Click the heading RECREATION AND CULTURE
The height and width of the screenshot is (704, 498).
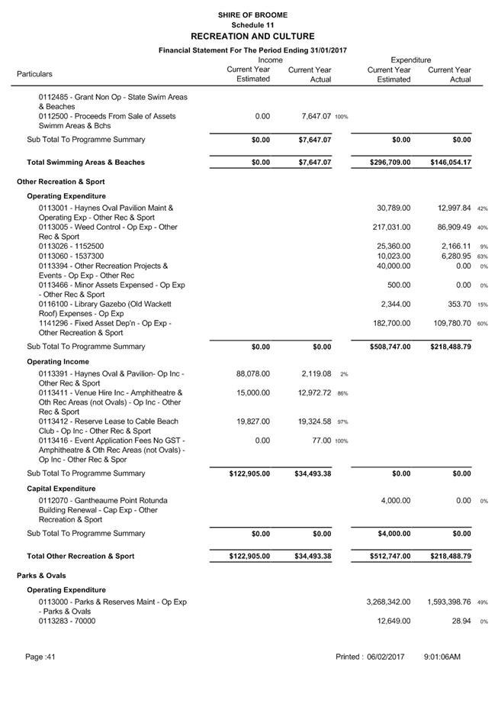pyautogui.click(x=252, y=36)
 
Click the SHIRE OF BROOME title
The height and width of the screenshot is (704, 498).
pyautogui.click(x=252, y=15)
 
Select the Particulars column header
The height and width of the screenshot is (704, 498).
pyautogui.click(x=34, y=74)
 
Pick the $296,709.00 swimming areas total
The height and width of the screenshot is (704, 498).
pyautogui.click(x=389, y=163)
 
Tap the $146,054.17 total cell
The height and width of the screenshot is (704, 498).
pyautogui.click(x=450, y=163)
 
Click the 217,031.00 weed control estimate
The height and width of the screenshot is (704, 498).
pyautogui.click(x=394, y=228)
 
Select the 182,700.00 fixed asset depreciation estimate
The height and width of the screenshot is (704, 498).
pyautogui.click(x=394, y=324)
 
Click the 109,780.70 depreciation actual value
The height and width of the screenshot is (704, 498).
pyautogui.click(x=451, y=324)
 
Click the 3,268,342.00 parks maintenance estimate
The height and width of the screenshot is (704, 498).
pyautogui.click(x=388, y=602)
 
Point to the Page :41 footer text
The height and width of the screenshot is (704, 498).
pyautogui.click(x=40, y=657)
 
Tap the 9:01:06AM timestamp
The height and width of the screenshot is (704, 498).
pyautogui.click(x=442, y=657)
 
